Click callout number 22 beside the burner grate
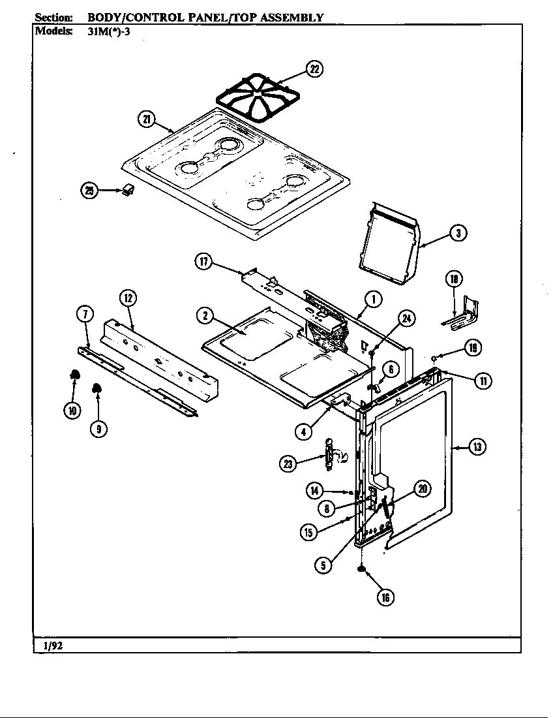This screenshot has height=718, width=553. tap(314, 69)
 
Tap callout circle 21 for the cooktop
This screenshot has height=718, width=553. tap(147, 119)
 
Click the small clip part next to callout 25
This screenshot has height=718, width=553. tap(128, 190)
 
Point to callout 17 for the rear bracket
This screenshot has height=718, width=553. tap(203, 262)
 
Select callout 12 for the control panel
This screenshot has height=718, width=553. tap(128, 298)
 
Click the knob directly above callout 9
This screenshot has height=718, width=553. tap(98, 389)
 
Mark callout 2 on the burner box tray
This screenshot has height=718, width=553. tap(205, 315)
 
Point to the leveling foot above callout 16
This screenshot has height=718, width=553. tap(359, 570)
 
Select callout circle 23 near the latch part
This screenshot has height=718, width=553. tap(288, 463)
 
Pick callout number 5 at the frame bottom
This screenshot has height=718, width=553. tap(323, 565)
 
